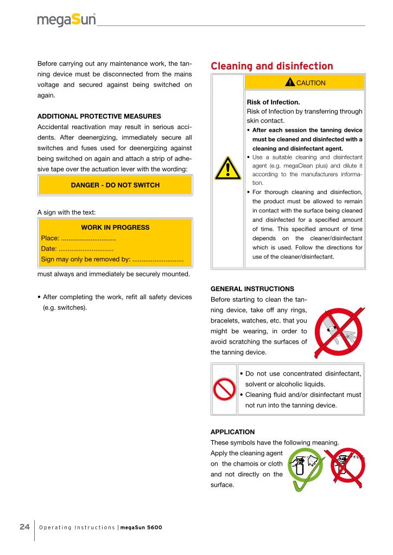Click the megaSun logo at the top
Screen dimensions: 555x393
(66, 20)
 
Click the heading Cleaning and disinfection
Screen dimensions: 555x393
(271, 66)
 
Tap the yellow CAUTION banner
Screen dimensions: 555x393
(303, 82)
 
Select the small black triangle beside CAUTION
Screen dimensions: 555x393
(290, 82)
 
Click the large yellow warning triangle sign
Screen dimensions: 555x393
(227, 169)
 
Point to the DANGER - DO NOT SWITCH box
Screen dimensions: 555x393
(115, 185)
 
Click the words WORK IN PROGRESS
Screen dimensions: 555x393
(115, 228)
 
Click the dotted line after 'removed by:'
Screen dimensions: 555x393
(157, 260)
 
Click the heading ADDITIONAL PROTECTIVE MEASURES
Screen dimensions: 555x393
(99, 117)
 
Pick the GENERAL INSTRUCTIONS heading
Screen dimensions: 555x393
(252, 289)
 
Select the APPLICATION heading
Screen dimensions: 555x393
(232, 432)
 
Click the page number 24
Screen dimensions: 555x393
(24, 527)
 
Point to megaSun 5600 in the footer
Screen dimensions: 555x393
(141, 527)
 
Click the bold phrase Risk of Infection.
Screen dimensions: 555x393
(274, 102)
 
